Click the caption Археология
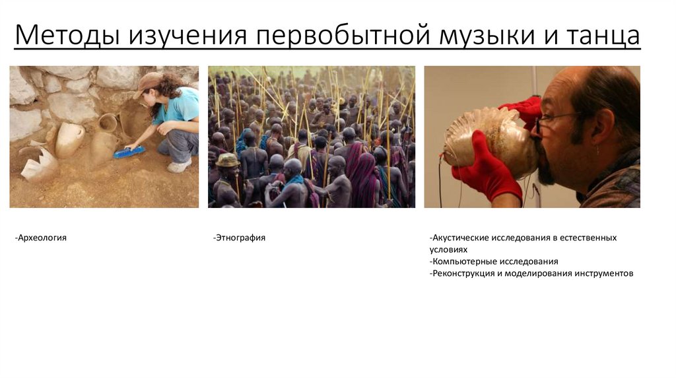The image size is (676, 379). (x=41, y=238)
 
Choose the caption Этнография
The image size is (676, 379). (x=239, y=238)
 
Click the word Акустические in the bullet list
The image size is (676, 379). (x=459, y=238)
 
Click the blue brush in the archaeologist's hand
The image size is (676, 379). (x=129, y=152)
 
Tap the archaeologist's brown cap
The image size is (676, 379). (x=147, y=84)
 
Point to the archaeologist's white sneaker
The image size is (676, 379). (x=179, y=166)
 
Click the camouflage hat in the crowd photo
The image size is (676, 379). (x=227, y=160)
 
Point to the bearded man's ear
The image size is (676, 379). (x=602, y=128)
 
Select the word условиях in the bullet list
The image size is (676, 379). (x=448, y=250)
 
